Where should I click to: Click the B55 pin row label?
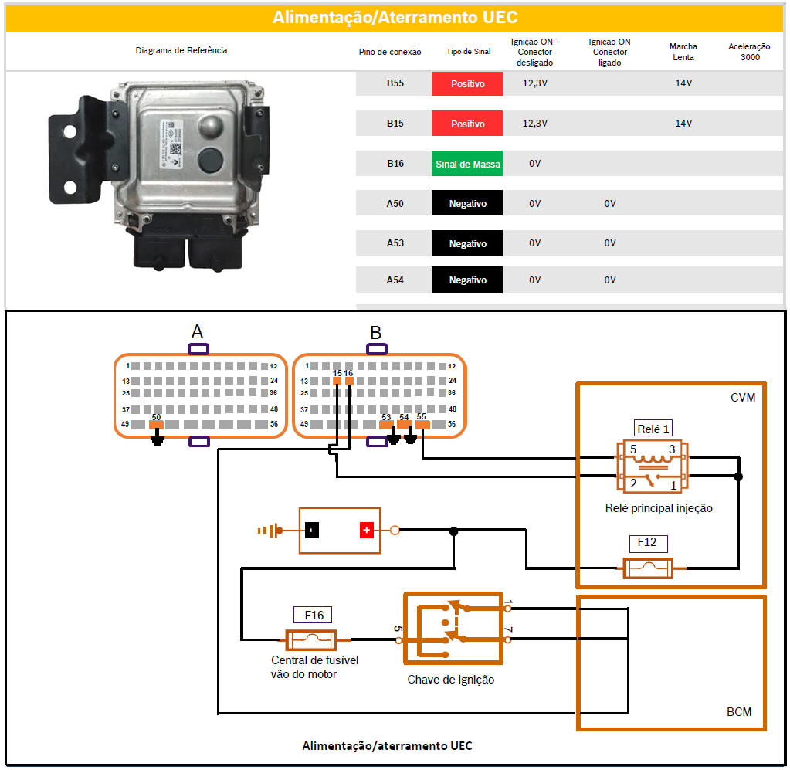click(395, 83)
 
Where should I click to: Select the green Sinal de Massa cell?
click(467, 164)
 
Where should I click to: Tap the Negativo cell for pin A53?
click(467, 243)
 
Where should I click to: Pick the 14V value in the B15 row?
click(683, 124)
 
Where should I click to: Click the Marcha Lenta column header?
click(683, 52)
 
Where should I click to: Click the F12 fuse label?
click(646, 543)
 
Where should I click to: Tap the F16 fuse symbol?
click(310, 639)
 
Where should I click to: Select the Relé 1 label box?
click(653, 429)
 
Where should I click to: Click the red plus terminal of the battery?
click(366, 531)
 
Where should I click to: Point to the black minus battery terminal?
click(311, 531)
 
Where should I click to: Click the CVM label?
click(742, 398)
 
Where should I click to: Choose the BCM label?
click(739, 711)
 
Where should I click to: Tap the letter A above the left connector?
click(197, 331)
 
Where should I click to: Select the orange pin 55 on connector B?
click(422, 425)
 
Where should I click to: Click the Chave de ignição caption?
click(451, 680)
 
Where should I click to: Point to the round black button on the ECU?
click(210, 160)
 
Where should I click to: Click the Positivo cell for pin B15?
click(467, 124)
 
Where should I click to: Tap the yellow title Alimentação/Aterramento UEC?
click(395, 18)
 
